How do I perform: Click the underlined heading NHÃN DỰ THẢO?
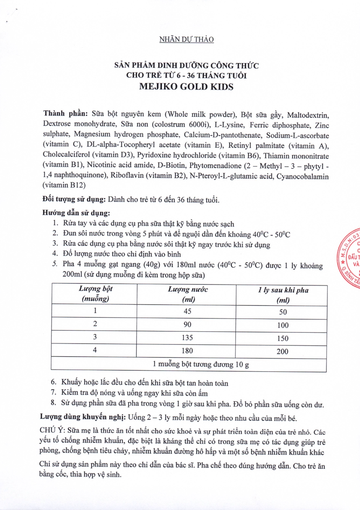(x=186, y=39)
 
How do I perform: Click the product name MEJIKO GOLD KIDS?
(x=186, y=86)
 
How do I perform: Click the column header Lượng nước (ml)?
(x=187, y=294)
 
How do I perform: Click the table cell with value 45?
(x=187, y=311)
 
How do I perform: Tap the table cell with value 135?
(x=187, y=337)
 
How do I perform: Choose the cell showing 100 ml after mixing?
(x=282, y=325)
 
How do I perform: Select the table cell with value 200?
(x=282, y=351)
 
